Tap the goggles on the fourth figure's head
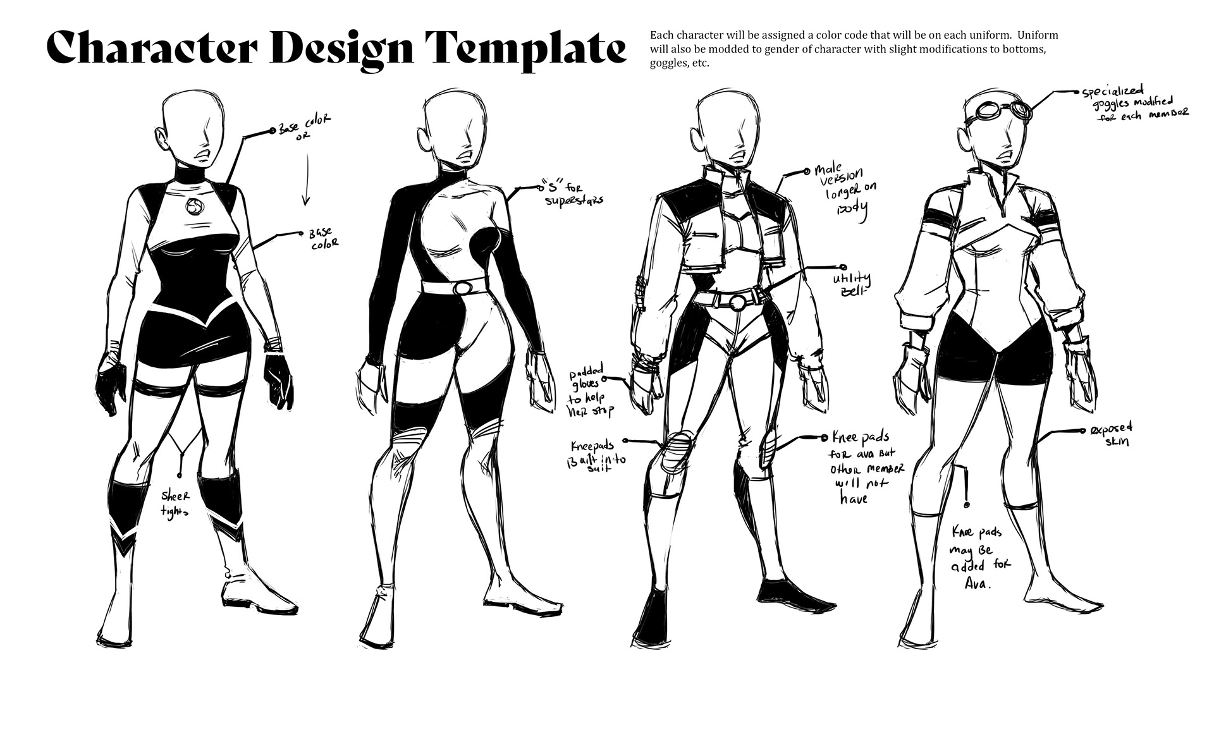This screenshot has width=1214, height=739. (x=1003, y=112)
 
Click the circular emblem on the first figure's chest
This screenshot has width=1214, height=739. (x=195, y=206)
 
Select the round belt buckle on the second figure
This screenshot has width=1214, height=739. (x=463, y=288)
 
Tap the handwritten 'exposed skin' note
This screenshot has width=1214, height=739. (x=1110, y=434)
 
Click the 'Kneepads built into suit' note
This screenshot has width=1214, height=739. (x=596, y=451)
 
